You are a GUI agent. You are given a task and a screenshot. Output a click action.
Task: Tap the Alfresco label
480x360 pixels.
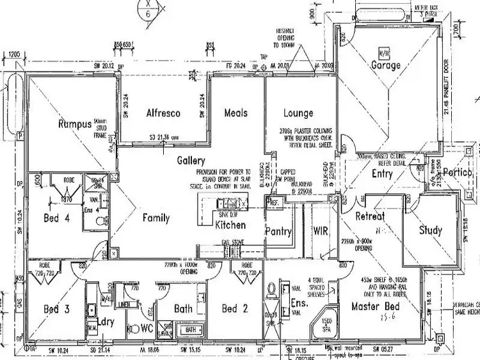point(163,113)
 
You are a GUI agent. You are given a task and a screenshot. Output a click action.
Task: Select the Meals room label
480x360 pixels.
point(236,113)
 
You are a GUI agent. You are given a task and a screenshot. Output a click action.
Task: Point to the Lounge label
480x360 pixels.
point(298,113)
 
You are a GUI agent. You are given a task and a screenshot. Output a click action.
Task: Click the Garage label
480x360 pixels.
point(386,65)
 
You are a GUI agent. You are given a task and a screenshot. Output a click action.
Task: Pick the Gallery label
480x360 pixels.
point(191,161)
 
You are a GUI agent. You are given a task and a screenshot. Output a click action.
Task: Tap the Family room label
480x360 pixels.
point(156,218)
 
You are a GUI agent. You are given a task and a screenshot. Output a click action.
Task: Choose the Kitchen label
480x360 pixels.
point(230,226)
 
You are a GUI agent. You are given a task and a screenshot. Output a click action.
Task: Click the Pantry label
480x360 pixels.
point(278,231)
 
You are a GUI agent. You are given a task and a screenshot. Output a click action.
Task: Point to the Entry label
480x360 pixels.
point(383,173)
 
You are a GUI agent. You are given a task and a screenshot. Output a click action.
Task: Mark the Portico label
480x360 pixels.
point(458,173)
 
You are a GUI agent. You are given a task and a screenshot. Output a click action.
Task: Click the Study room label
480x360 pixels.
point(430,230)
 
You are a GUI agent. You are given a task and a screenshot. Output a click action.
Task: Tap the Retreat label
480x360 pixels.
point(370,216)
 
